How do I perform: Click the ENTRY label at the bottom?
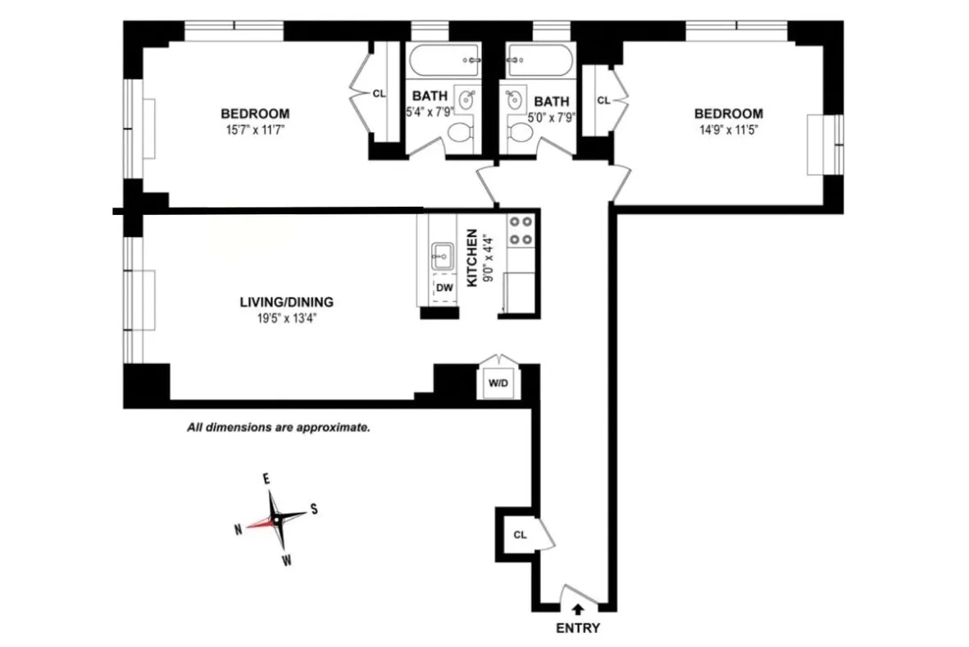point(577,629)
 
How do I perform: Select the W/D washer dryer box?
point(498,383)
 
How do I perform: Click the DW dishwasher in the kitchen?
point(444,287)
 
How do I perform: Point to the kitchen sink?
point(441,256)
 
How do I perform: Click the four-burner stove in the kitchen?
point(520,230)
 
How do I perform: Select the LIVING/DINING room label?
point(286,302)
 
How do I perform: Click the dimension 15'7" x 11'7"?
point(255,130)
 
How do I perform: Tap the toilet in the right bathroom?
point(520,131)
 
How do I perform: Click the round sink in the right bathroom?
point(516,101)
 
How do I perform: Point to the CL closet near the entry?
point(519,535)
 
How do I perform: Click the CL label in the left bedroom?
point(378,93)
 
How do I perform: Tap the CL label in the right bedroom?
point(603,100)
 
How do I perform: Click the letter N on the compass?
point(238,529)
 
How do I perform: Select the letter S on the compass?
point(314,509)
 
